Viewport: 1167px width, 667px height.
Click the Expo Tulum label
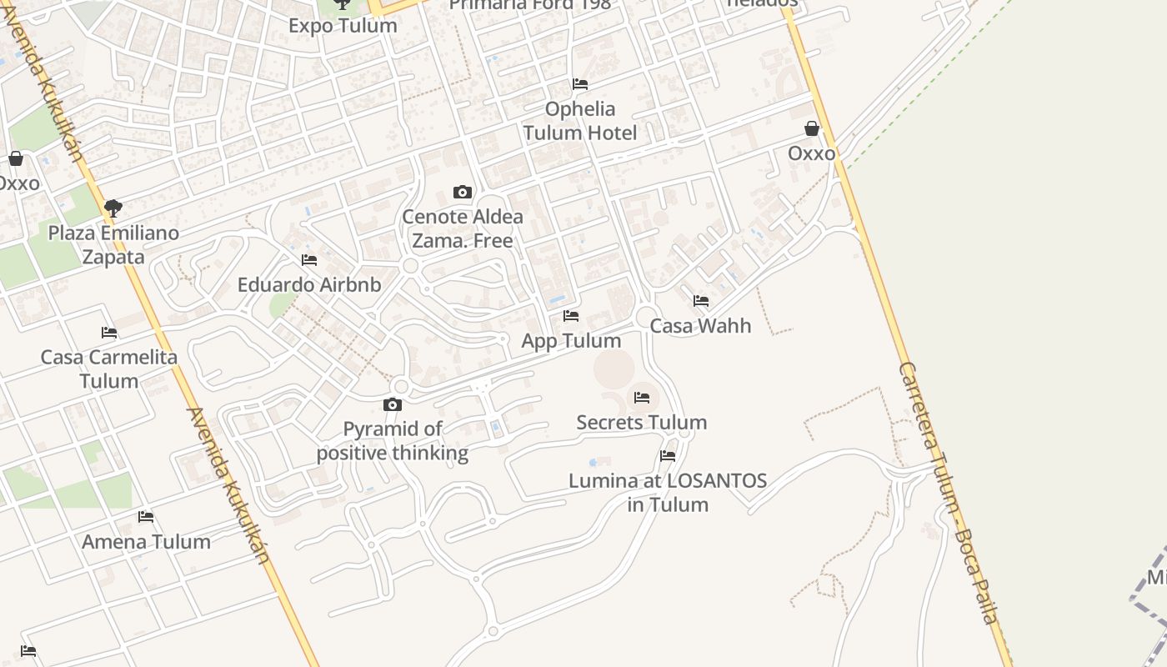343,26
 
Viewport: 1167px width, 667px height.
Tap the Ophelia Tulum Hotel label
580,121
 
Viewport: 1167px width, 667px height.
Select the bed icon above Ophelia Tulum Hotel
580,84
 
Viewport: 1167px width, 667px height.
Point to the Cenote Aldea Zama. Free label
463,228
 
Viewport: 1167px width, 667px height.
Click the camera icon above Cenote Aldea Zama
463,193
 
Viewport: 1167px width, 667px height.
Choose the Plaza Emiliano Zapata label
113,244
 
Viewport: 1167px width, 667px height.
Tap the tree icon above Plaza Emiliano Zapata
113,208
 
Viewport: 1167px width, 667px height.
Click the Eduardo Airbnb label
309,284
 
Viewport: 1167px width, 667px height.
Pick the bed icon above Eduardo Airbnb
309,260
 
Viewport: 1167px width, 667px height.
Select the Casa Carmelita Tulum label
109,369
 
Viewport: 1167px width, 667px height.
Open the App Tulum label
571,340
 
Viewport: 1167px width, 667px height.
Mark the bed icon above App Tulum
571,316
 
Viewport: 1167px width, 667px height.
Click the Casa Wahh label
700,325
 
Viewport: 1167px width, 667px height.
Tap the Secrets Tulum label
642,422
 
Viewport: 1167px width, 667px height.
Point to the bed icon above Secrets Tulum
642,398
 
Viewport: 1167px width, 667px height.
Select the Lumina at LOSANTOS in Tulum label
668,492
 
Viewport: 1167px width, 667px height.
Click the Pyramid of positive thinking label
393,441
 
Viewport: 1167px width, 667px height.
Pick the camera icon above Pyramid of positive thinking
393,405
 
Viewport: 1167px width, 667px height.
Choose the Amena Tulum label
146,541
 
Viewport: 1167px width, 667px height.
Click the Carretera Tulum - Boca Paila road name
948,492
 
